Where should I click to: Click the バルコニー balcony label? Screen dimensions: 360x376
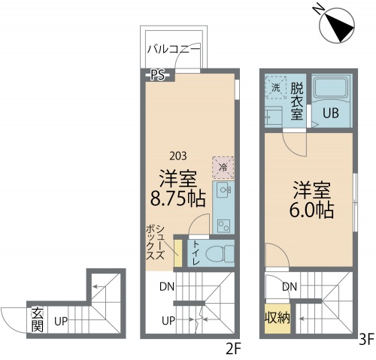pyautogui.click(x=173, y=50)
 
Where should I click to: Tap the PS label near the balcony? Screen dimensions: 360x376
pyautogui.click(x=157, y=74)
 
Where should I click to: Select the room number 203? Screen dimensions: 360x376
pyautogui.click(x=179, y=156)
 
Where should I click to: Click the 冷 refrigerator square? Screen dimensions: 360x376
pyautogui.click(x=223, y=167)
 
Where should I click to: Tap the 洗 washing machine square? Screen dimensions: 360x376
pyautogui.click(x=275, y=88)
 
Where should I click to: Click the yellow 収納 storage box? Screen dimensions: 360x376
pyautogui.click(x=276, y=319)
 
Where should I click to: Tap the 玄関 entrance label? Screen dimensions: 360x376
pyautogui.click(x=37, y=321)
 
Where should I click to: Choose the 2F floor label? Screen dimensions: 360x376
pyautogui.click(x=232, y=348)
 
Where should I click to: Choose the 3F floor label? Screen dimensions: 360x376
pyautogui.click(x=365, y=340)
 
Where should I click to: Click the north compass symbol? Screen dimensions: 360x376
pyautogui.click(x=335, y=26)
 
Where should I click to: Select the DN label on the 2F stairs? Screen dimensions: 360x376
pyautogui.click(x=167, y=286)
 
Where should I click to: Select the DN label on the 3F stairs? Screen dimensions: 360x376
pyautogui.click(x=290, y=286)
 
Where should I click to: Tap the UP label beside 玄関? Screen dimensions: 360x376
pyautogui.click(x=61, y=322)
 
